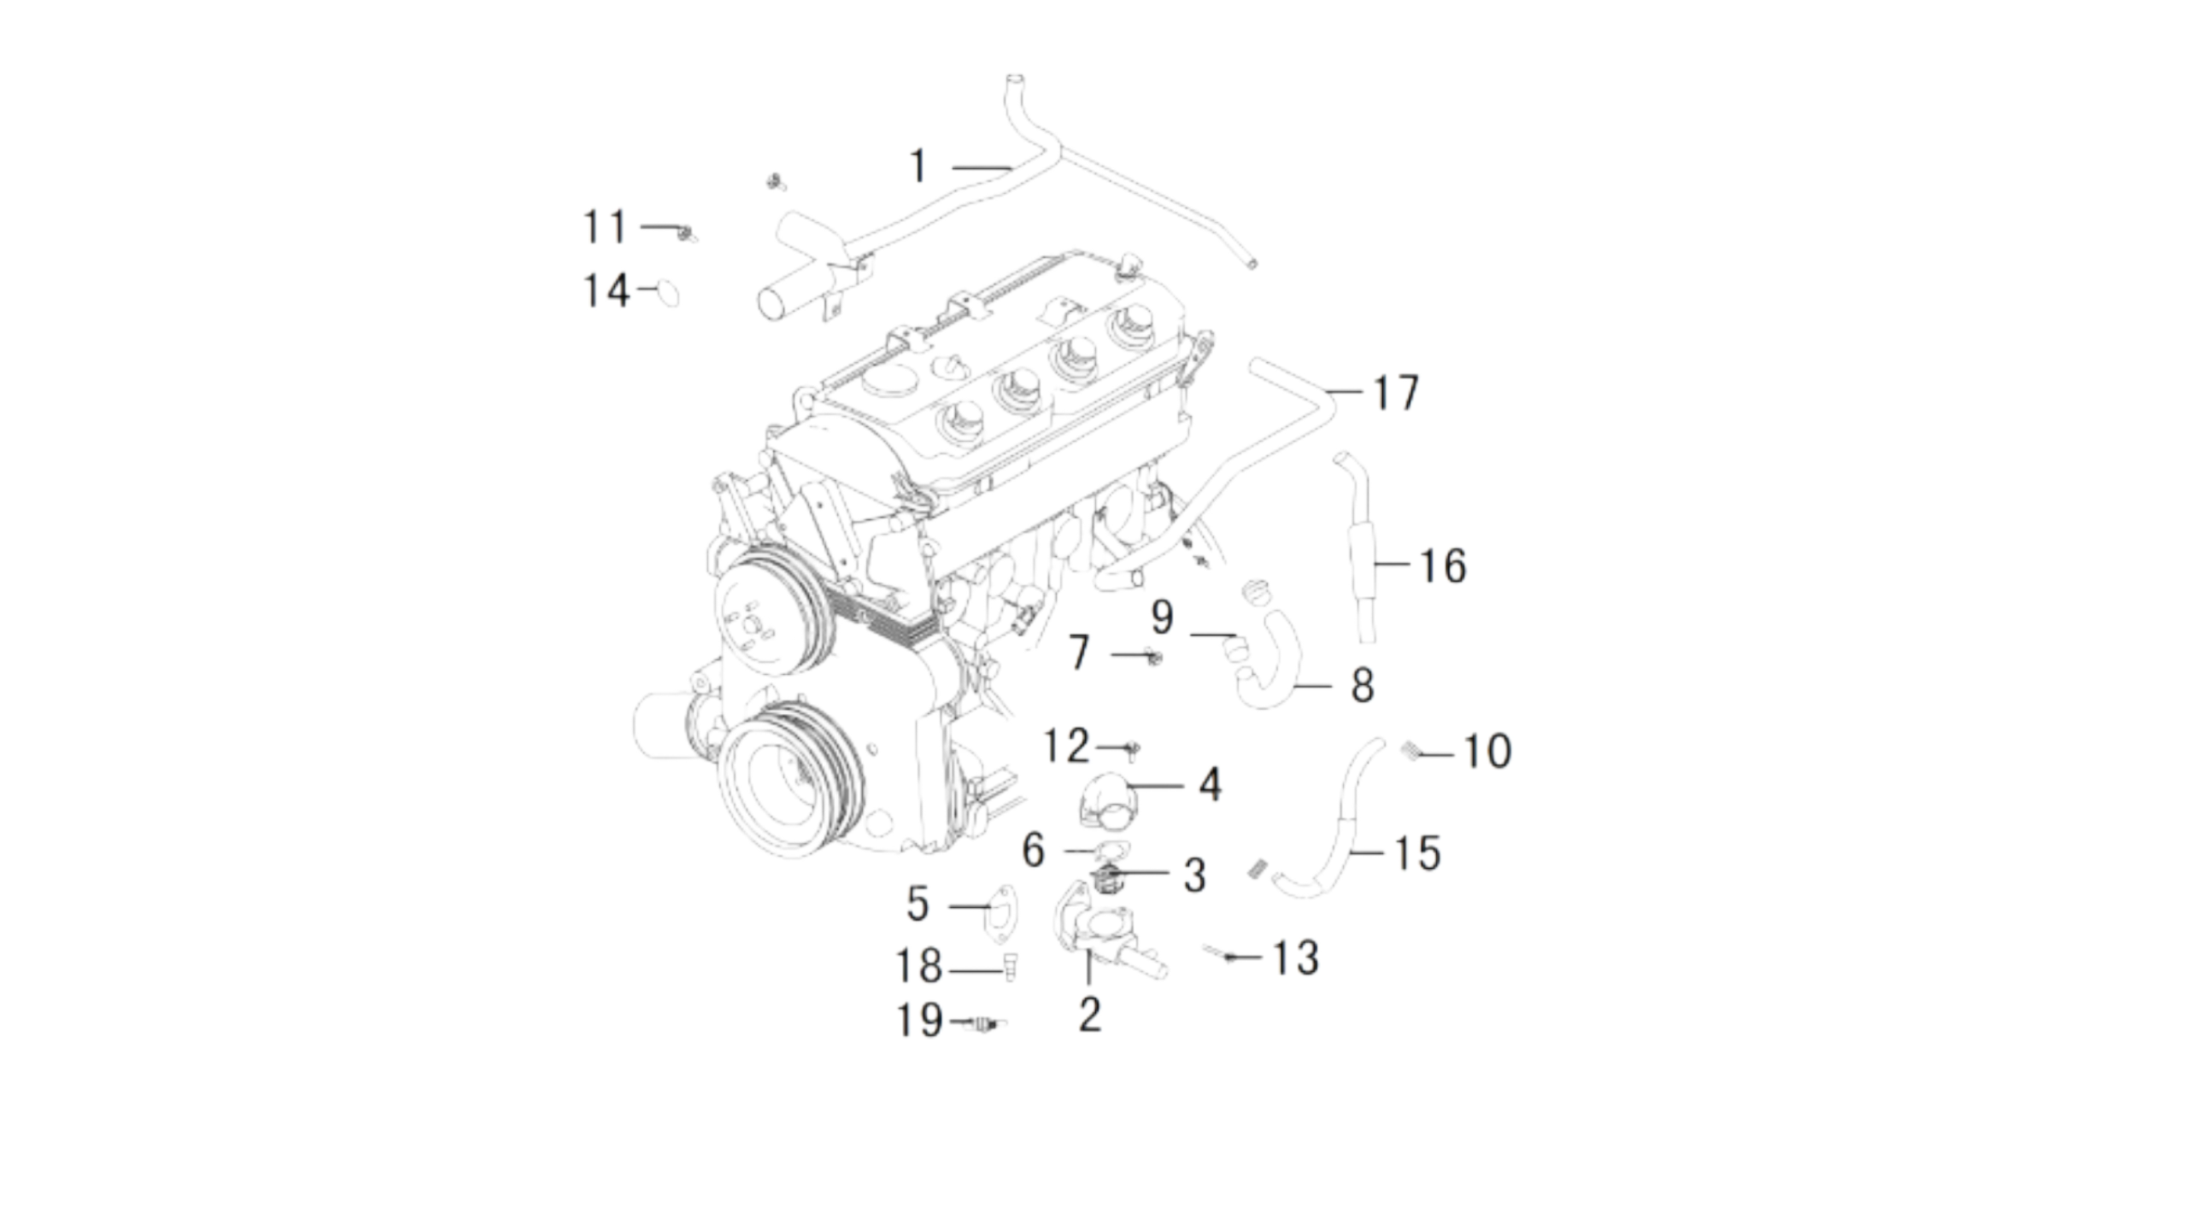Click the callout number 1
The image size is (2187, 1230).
coord(918,166)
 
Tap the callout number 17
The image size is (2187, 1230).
coord(1395,393)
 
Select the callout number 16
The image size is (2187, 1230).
coord(1443,566)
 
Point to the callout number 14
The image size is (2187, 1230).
coord(607,290)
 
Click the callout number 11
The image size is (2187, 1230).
coord(605,227)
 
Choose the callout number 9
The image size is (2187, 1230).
coord(1162,618)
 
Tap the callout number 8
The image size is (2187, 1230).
coord(1362,685)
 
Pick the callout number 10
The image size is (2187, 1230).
coord(1487,752)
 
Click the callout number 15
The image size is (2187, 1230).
coord(1417,853)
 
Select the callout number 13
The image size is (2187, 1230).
coord(1295,958)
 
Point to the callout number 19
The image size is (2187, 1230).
coord(919,1020)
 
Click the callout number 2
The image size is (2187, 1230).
coord(1089,1015)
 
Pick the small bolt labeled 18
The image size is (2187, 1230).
coord(1010,967)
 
